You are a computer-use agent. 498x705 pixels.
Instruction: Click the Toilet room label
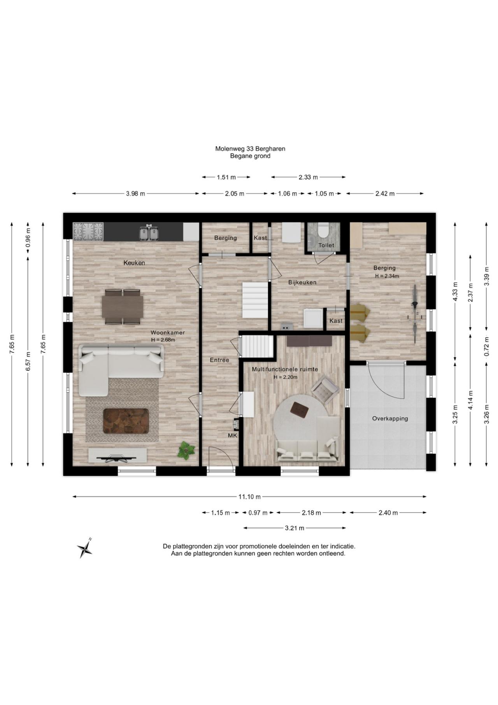[326, 245]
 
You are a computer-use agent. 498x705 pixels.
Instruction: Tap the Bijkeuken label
[302, 282]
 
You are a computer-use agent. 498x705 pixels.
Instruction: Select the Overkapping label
[390, 419]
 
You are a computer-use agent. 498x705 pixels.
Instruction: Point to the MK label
[233, 435]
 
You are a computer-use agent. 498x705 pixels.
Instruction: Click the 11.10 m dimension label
[249, 497]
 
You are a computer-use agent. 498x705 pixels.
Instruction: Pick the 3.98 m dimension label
[135, 194]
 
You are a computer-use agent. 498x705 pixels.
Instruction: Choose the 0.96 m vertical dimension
[28, 238]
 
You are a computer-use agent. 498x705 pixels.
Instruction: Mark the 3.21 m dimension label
[295, 528]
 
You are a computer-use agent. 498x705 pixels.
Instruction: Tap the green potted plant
[186, 450]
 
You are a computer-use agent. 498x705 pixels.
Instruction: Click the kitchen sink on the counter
[149, 232]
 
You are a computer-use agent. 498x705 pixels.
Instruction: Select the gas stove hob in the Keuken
[88, 231]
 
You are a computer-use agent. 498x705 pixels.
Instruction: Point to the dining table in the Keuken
[123, 307]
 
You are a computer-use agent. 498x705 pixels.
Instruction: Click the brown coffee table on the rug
[126, 421]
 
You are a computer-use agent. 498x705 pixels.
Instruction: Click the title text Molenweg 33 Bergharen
[250, 148]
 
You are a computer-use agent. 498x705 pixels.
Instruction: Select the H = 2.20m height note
[285, 377]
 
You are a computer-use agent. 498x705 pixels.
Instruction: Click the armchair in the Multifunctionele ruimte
[325, 390]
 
